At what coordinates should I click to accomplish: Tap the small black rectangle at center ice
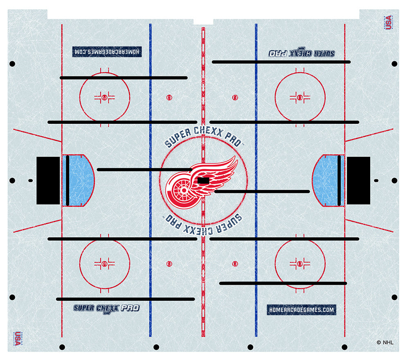(x=203, y=180)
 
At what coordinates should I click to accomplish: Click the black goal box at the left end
(x=48, y=180)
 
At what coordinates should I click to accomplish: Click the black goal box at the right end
(x=359, y=180)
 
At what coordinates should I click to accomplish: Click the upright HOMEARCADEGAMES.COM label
(x=301, y=310)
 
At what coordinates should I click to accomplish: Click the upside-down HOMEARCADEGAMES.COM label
(x=107, y=51)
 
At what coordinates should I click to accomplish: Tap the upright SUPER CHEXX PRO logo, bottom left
(x=106, y=308)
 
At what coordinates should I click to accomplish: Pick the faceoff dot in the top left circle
(x=104, y=97)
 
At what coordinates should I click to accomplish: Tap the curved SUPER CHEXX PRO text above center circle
(x=203, y=137)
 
